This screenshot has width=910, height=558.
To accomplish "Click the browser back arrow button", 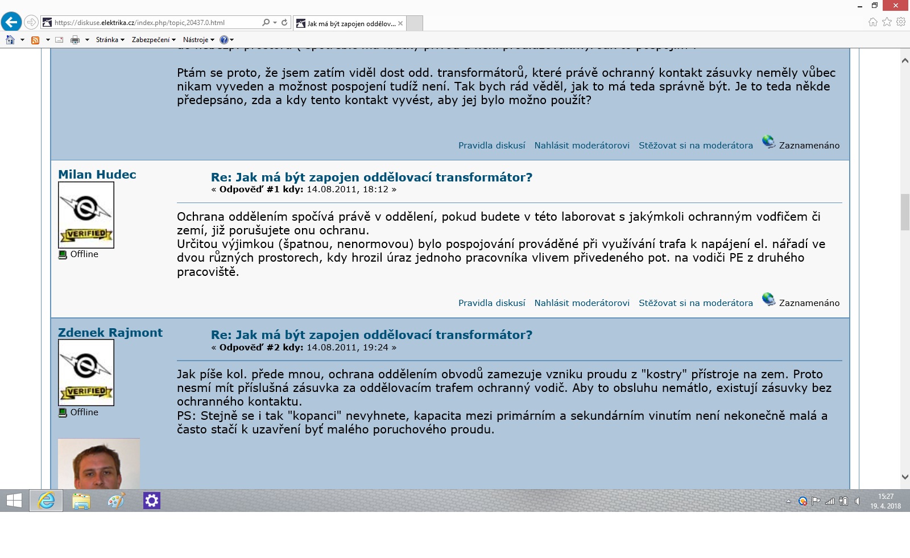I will click(11, 22).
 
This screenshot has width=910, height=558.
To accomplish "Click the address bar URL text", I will click(139, 23).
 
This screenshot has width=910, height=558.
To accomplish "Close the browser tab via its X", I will click(400, 23).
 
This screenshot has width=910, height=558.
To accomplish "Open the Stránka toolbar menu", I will click(110, 40).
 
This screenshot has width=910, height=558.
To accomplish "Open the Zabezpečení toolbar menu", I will click(153, 40).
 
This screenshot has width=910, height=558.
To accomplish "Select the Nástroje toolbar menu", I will click(198, 40).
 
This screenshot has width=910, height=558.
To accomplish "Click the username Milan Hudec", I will click(97, 175).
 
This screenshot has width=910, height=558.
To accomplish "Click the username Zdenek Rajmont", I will click(110, 333).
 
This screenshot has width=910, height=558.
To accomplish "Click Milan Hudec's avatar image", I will click(86, 214).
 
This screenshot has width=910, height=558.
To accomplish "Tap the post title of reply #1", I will click(371, 177).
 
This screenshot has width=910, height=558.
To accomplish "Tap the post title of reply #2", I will click(371, 335).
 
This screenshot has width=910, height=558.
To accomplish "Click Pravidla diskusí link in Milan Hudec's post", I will click(491, 303).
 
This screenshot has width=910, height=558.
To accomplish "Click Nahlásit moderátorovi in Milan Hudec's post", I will click(582, 303).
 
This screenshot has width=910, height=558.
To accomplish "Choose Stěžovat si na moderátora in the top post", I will click(696, 146).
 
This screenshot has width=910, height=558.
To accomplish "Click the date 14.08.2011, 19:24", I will click(347, 348).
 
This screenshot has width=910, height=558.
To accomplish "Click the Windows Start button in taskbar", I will click(14, 501).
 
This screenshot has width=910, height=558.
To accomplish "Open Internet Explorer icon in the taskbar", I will click(46, 501).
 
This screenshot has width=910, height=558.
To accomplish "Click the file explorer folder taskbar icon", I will click(81, 501).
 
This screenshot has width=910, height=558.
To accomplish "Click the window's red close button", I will click(896, 6).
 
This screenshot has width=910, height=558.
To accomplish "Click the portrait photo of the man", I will click(99, 464).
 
